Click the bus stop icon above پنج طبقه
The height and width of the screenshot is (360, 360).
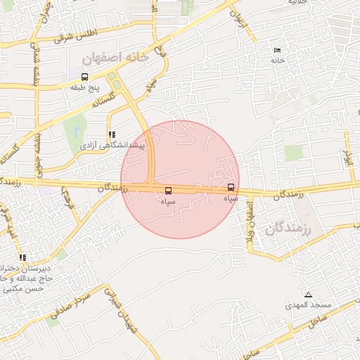click(x=85, y=77)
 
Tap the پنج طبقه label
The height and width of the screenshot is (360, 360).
click(x=86, y=88)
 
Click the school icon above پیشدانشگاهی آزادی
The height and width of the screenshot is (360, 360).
click(x=111, y=134)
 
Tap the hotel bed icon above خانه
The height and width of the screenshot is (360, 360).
click(x=276, y=51)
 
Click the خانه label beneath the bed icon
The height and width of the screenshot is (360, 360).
click(x=276, y=61)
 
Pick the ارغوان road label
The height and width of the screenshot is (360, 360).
click(x=244, y=21)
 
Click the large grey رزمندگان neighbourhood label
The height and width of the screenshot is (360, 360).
click(x=288, y=229)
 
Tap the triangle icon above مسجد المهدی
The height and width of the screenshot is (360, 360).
click(x=308, y=295)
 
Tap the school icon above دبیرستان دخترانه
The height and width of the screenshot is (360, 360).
click(x=23, y=258)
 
